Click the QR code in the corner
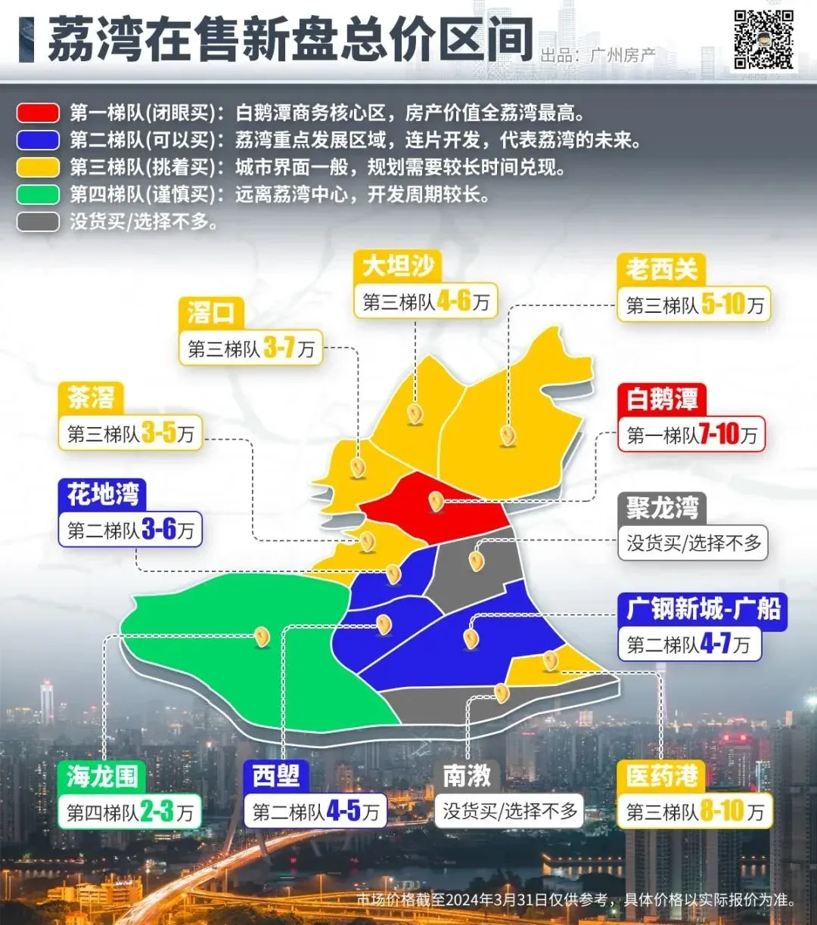[764, 39]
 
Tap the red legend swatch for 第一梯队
[38, 113]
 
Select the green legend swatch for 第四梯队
[38, 194]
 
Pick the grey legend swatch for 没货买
[38, 221]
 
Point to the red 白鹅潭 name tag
[662, 399]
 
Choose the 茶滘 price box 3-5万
[130, 433]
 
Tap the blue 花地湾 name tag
[102, 494]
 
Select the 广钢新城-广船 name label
[703, 609]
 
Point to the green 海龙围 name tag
[101, 776]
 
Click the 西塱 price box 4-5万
[315, 812]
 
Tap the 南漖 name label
[467, 776]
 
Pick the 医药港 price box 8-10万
[694, 812]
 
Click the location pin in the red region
[436, 500]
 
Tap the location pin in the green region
[262, 637]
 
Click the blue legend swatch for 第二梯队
[38, 141]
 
